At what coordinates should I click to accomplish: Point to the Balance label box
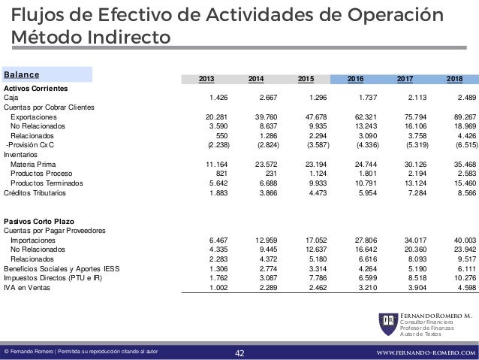[47, 74]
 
